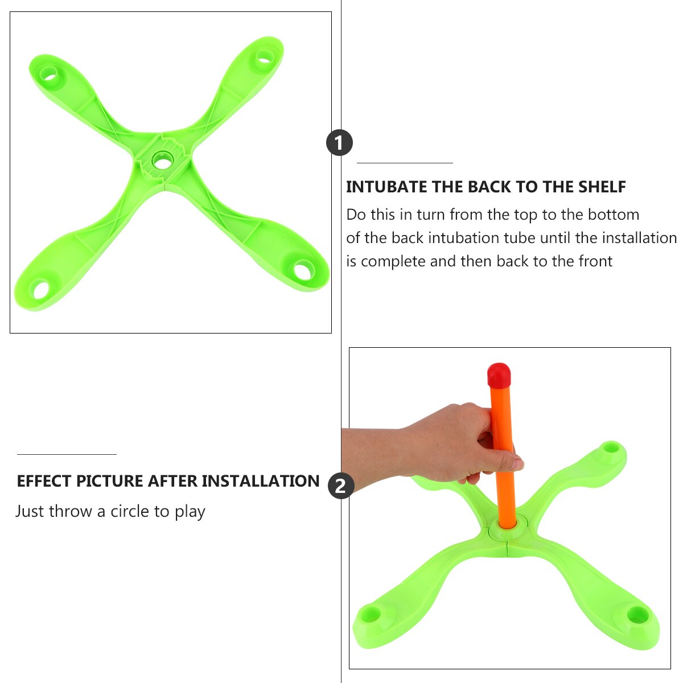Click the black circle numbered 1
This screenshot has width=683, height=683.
coord(339,142)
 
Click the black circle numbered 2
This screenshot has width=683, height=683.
coord(341,486)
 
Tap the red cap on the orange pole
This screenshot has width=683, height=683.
coord(499,375)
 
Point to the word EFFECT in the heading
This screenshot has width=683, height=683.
coord(44,481)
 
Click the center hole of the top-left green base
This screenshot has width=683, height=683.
coord(163,162)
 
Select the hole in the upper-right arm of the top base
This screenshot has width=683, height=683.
coord(264,57)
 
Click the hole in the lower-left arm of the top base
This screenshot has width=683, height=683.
coord(42,290)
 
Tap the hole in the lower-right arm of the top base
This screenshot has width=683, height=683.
coord(302,269)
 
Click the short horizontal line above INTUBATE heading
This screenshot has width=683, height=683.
coord(405,163)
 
